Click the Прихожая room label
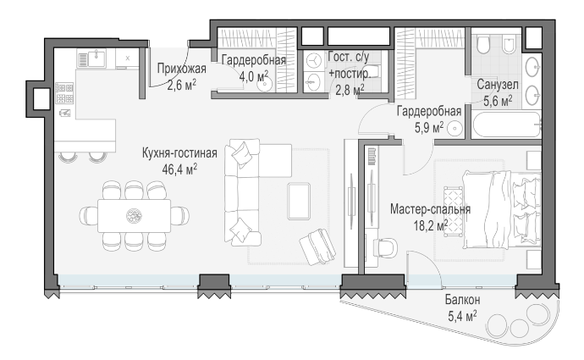[x=181, y=69]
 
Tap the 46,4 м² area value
[x=179, y=169]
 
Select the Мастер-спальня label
[x=430, y=209]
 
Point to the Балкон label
[x=463, y=299]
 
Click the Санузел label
[x=498, y=85]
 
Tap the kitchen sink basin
[x=96, y=58]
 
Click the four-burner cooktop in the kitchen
[x=64, y=93]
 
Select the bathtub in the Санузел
[x=507, y=125]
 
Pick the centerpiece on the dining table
[x=134, y=216]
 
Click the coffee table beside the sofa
[x=299, y=201]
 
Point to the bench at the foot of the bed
[x=453, y=211]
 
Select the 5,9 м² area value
[x=429, y=127]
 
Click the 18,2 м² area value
[x=431, y=225]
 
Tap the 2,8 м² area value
[x=350, y=90]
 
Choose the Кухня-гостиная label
[x=179, y=153]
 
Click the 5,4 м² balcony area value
[x=462, y=317]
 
